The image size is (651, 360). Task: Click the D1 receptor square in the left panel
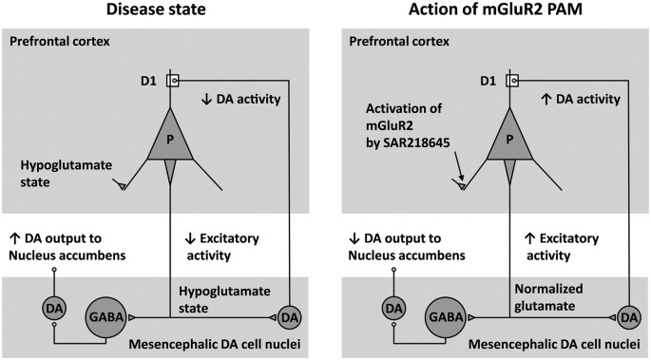pyautogui.click(x=170, y=81)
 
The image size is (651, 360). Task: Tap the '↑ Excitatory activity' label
pyautogui.click(x=565, y=244)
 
